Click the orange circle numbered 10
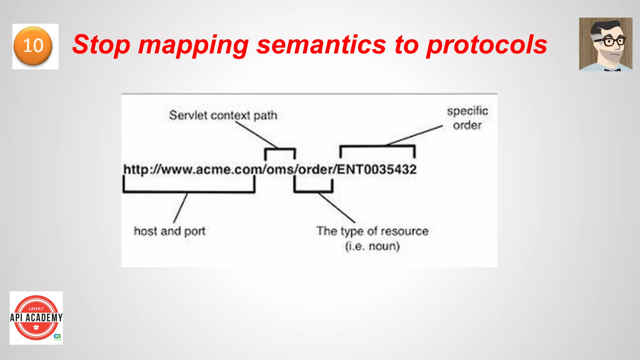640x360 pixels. [x=33, y=46]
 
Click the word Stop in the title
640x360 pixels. [x=101, y=45]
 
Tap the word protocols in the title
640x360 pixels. [x=487, y=45]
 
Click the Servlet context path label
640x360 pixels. [x=223, y=115]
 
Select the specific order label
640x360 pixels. [x=467, y=118]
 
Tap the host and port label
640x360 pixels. [x=169, y=231]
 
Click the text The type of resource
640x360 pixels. [x=372, y=231]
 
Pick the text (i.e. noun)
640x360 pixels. [x=372, y=246]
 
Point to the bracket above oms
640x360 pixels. [x=280, y=149]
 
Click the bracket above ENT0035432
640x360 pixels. [x=377, y=146]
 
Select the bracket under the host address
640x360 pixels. [x=189, y=191]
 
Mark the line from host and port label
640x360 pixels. [x=181, y=207]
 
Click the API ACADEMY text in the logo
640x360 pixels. [x=36, y=318]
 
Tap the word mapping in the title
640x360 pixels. [x=193, y=45]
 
